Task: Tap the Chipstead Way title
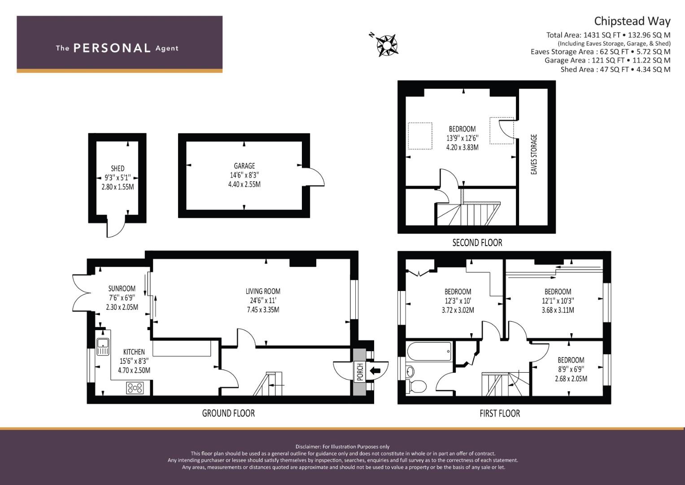click(632, 21)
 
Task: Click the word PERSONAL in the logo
click(112, 48)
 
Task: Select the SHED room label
click(118, 168)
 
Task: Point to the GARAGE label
click(244, 166)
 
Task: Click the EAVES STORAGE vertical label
click(534, 154)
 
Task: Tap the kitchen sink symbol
click(103, 347)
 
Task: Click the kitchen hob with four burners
click(135, 388)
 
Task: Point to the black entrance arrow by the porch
click(375, 370)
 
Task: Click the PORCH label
click(359, 372)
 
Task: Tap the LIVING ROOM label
click(263, 291)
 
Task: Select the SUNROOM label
click(122, 288)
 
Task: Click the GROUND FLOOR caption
click(228, 413)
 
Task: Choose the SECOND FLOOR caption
click(477, 243)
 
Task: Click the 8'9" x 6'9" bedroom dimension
click(571, 369)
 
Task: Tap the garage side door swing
click(315, 176)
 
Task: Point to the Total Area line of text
click(608, 35)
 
